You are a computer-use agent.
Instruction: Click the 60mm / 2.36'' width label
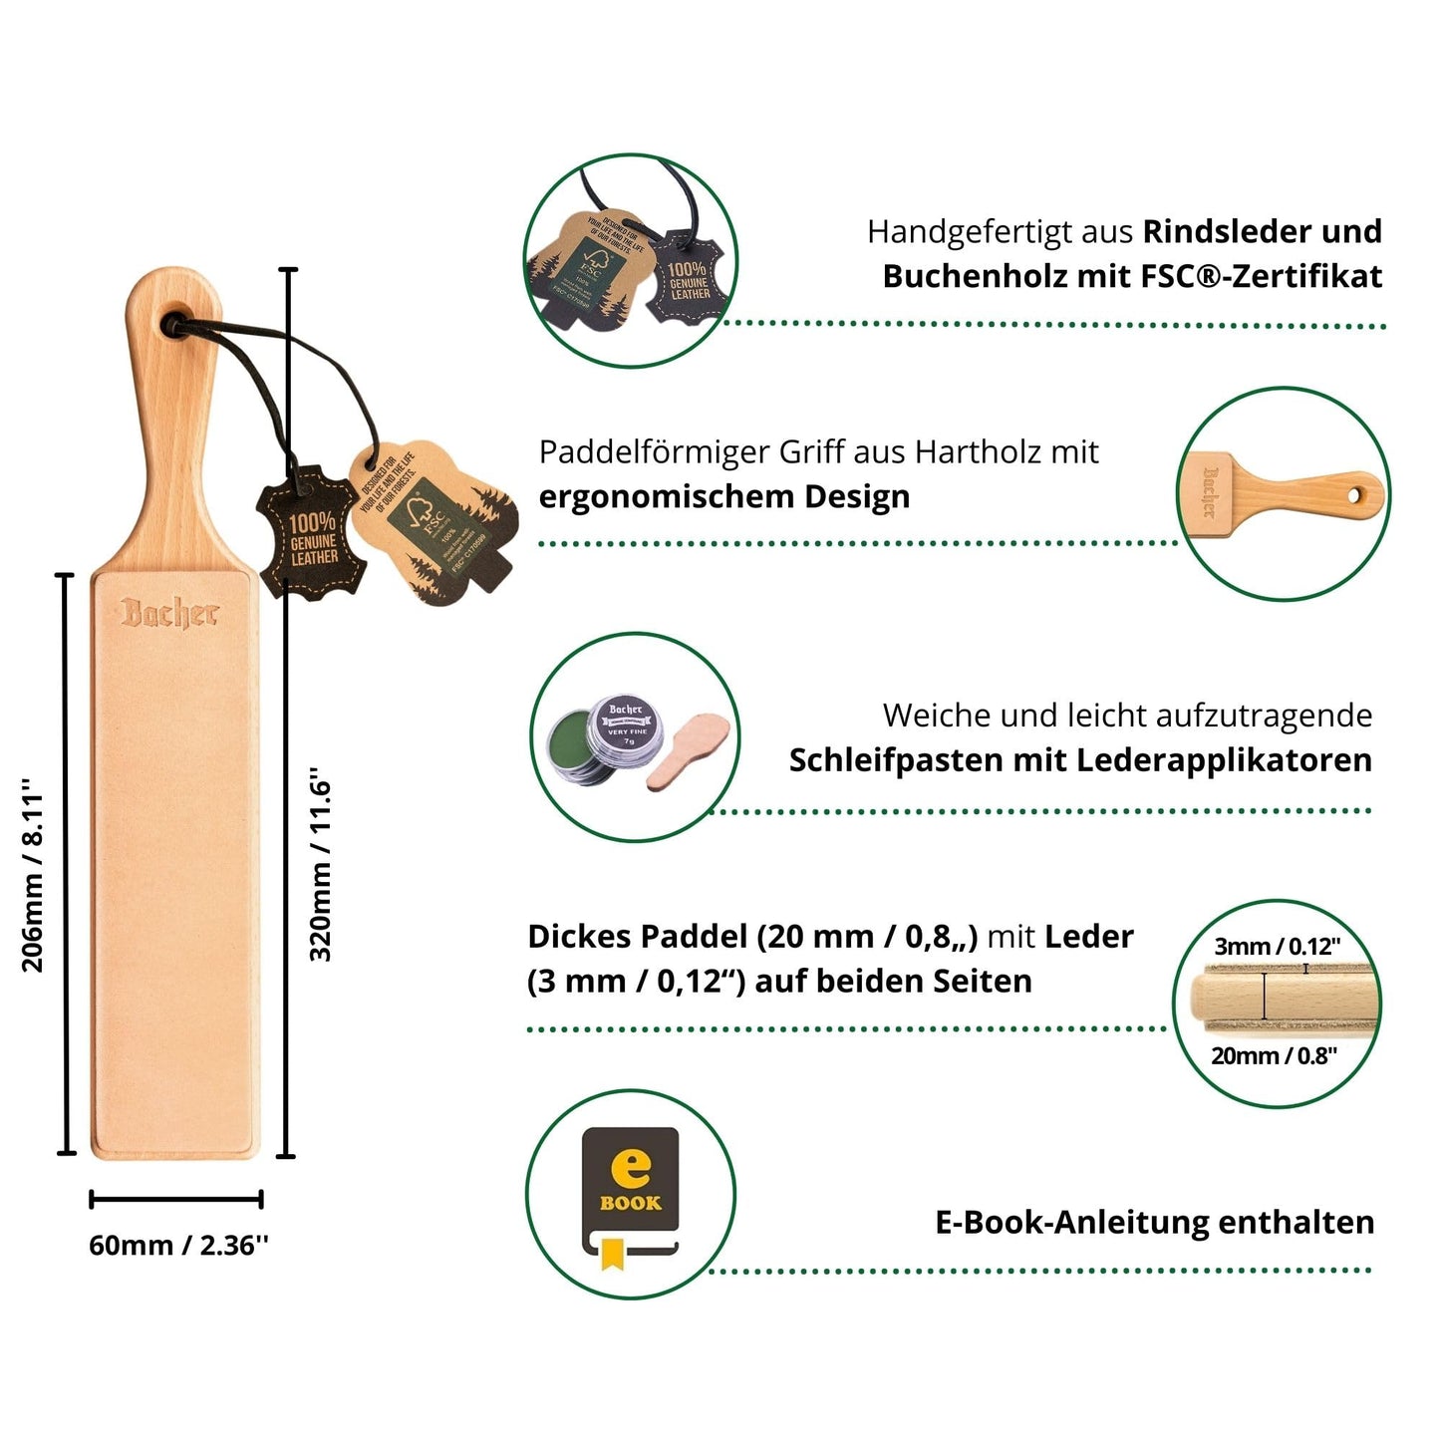click(x=178, y=1246)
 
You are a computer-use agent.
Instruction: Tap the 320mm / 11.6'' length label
click(x=321, y=864)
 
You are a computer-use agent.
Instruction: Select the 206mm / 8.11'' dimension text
click(x=34, y=874)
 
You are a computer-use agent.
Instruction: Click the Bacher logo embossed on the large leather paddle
click(x=168, y=613)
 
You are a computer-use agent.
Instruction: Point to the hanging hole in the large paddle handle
click(x=176, y=322)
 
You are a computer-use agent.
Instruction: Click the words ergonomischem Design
click(x=724, y=496)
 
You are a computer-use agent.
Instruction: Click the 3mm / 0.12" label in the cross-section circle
click(x=1277, y=947)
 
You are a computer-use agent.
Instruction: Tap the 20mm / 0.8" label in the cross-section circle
click(x=1274, y=1056)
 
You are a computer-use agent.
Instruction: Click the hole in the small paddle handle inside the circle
click(x=1354, y=495)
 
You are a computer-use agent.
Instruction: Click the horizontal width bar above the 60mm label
click(x=176, y=1199)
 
